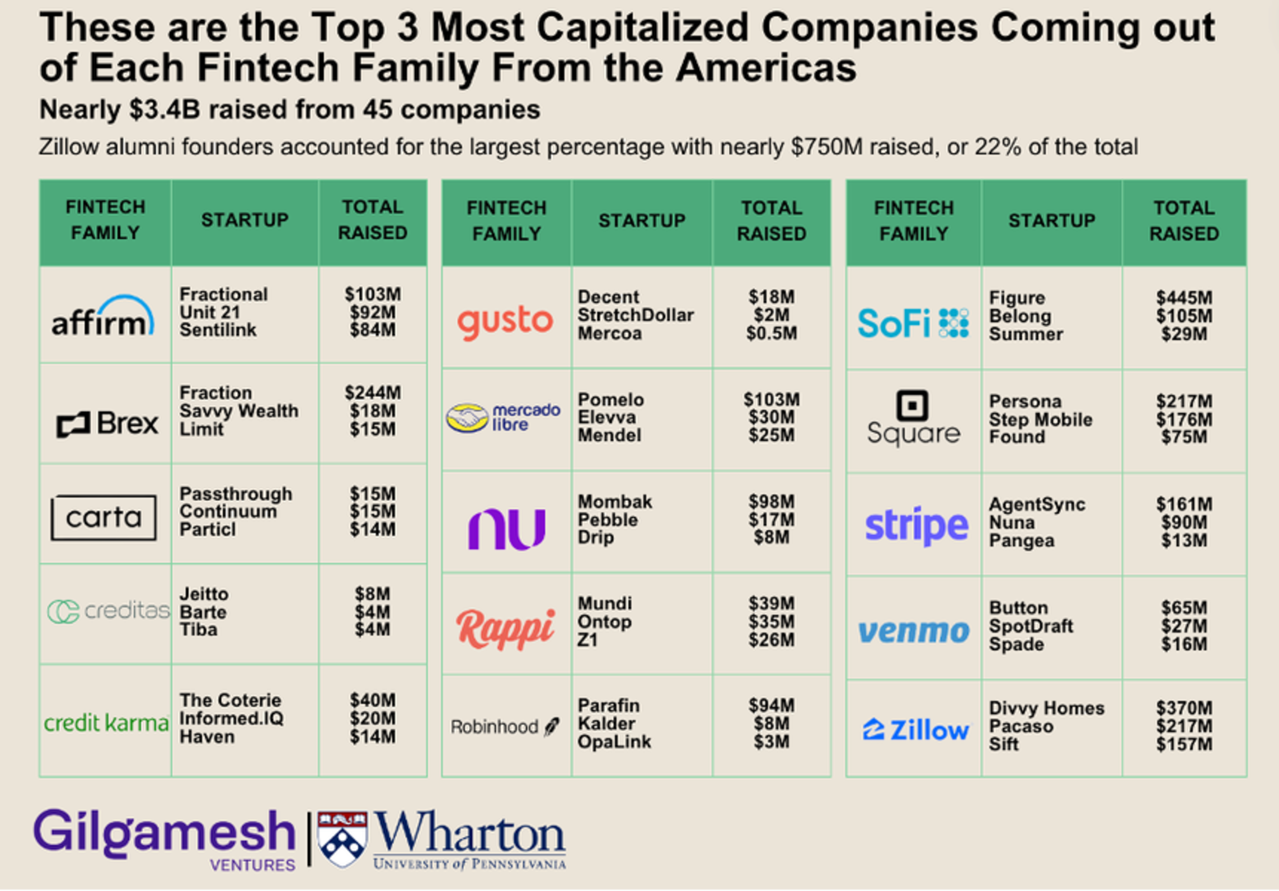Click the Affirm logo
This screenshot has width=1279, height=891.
point(103,317)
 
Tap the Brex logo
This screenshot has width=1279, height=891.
point(107,423)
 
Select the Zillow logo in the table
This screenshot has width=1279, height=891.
point(915,730)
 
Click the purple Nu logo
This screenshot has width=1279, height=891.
point(506,528)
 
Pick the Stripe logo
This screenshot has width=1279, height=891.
point(916,525)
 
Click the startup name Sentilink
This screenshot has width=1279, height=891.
point(218,331)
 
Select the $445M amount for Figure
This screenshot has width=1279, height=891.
point(1184,298)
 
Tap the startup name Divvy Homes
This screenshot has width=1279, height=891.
point(1046,708)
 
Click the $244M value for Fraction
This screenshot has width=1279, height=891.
point(373,393)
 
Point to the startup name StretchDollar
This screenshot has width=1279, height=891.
point(636,315)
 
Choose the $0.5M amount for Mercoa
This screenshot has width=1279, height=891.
point(771,334)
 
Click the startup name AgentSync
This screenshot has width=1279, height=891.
point(1037,505)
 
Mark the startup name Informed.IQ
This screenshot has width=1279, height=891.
point(231,718)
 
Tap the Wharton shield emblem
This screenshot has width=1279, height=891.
point(342,839)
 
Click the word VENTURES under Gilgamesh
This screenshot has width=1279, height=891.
point(252,865)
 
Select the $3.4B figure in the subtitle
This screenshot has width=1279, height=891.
point(164,110)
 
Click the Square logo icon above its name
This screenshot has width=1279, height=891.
point(913,405)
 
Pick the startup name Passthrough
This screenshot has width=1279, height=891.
point(236,494)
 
